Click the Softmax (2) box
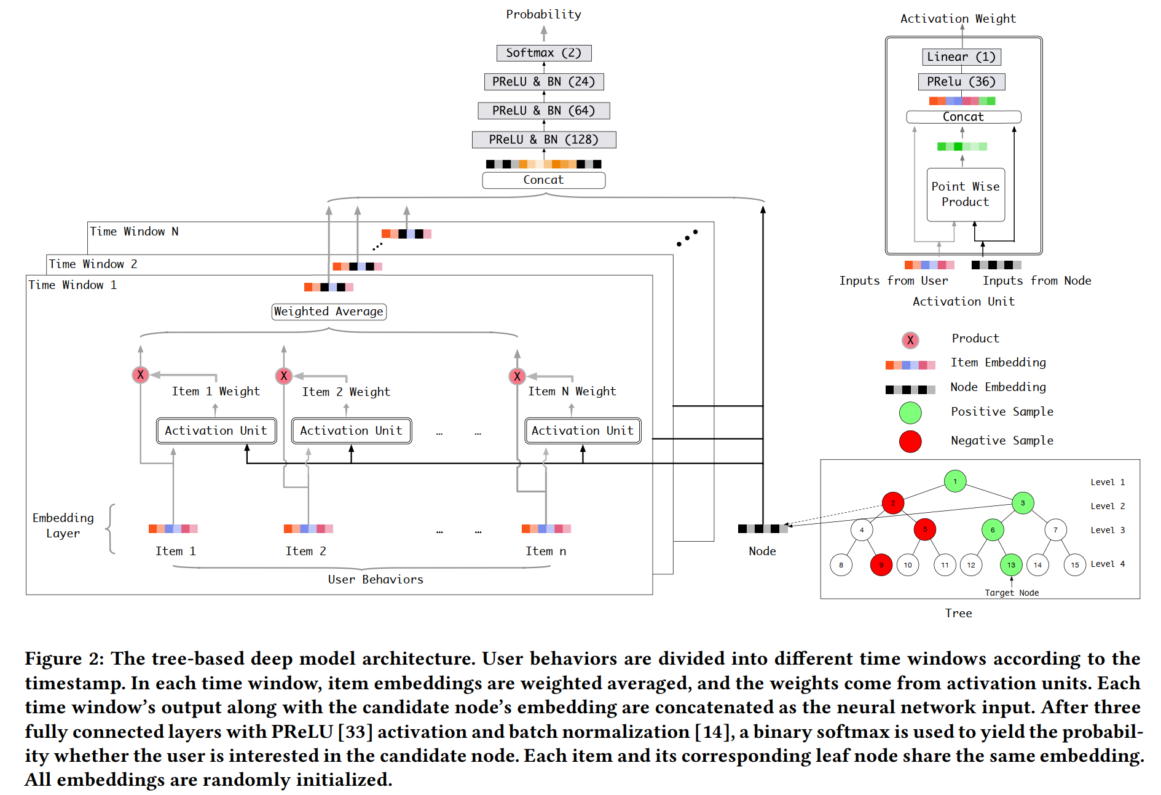tap(543, 53)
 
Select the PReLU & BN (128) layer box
tap(543, 140)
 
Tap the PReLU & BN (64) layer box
tap(543, 111)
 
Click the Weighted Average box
tap(329, 312)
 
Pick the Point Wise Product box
tap(966, 194)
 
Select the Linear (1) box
tap(961, 57)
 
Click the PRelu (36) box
tap(961, 82)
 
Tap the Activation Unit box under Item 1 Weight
tap(216, 431)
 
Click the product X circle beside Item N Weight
tap(518, 376)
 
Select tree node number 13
tap(1011, 565)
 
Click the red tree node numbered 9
tap(881, 565)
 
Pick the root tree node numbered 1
tap(955, 481)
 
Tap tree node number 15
tap(1075, 565)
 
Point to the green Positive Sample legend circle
tap(910, 413)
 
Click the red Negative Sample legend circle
tap(910, 441)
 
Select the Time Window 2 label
tap(93, 264)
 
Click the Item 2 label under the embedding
tap(305, 552)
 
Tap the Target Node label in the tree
tap(1012, 593)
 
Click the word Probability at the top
tap(543, 15)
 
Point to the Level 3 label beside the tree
tap(1108, 531)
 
